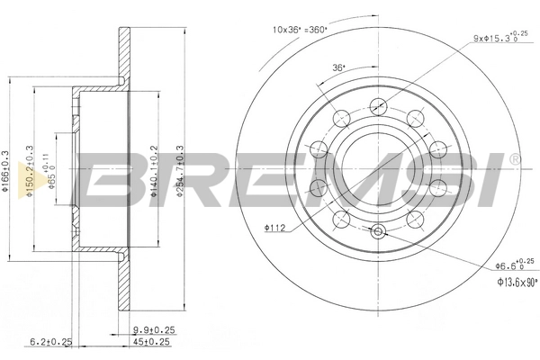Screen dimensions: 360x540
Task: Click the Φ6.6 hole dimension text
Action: [x=499, y=266]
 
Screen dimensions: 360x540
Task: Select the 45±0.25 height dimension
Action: [x=152, y=341]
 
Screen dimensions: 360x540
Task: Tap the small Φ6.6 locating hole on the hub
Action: [x=378, y=234]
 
